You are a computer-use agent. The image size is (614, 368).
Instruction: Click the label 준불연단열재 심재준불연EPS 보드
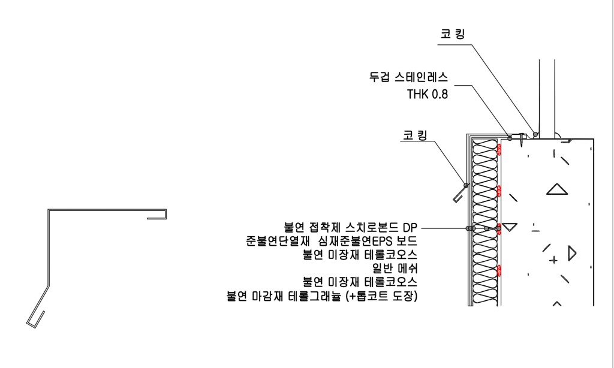[x=332, y=242]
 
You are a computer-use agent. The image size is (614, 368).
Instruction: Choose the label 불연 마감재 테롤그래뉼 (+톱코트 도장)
[x=321, y=295]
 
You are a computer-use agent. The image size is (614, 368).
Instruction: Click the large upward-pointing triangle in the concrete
[x=557, y=189]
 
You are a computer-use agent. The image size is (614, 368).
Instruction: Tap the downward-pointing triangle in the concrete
[x=510, y=227]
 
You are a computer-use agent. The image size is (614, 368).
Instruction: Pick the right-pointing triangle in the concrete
[x=571, y=252]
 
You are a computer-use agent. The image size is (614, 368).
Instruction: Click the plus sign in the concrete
[x=553, y=260]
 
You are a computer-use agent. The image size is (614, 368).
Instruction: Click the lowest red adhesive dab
[x=499, y=270]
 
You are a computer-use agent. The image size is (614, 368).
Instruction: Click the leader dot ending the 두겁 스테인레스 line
[x=510, y=138]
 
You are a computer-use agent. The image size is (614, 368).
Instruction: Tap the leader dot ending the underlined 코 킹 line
[x=466, y=185]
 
